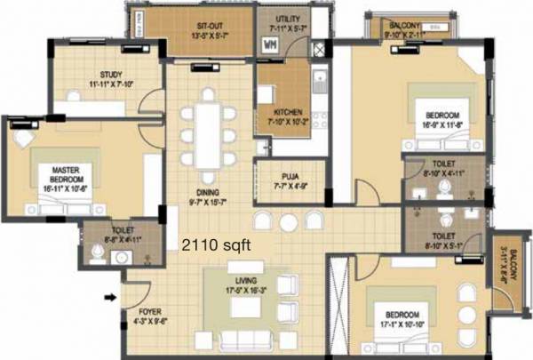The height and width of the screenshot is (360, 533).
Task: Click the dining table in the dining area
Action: point(207,134)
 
